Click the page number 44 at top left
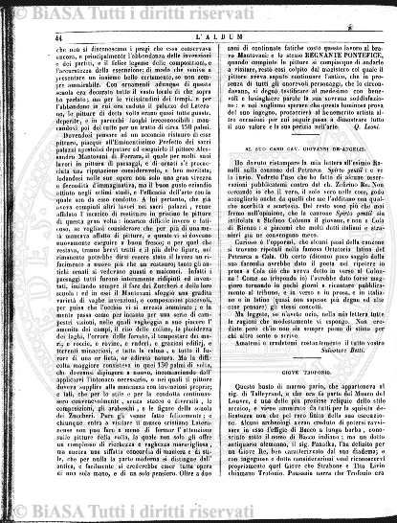45,35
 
